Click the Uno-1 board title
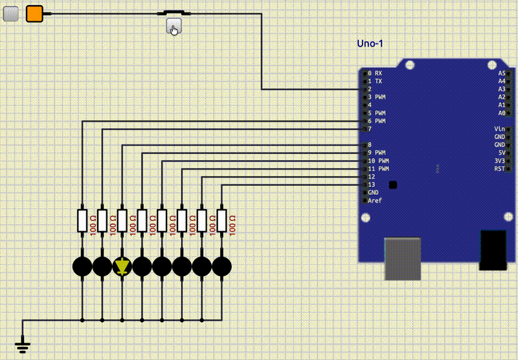[x=370, y=43]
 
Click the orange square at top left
[x=34, y=14]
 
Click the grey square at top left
[x=10, y=14]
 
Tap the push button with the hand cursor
[x=174, y=27]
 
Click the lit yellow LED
[x=122, y=266]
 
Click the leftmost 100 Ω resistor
[x=82, y=221]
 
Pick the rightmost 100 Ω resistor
[x=222, y=221]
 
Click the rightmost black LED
[x=222, y=266]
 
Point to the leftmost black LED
[x=82, y=266]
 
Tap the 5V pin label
[x=501, y=153]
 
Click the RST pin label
[x=499, y=169]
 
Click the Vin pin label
[x=499, y=129]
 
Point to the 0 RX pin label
[x=375, y=73]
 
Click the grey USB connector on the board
[x=402, y=259]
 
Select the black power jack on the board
[x=493, y=250]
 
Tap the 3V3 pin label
[x=499, y=161]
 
